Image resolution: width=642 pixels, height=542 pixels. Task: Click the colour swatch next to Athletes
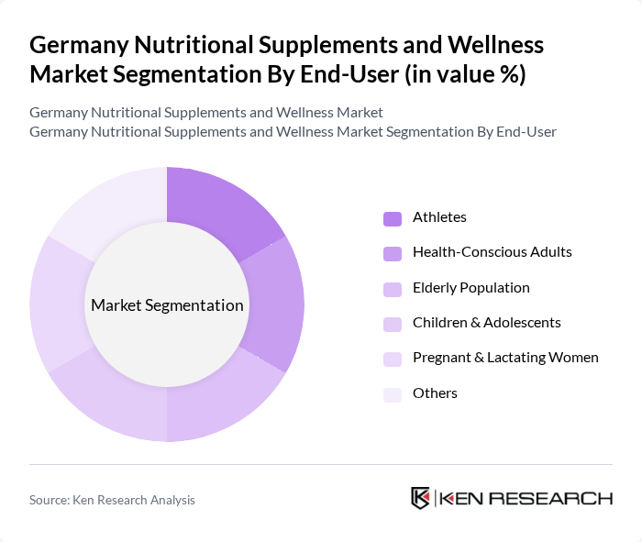393,218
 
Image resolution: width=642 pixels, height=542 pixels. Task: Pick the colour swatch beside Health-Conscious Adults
393,253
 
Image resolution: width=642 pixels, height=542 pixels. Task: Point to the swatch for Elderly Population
393,288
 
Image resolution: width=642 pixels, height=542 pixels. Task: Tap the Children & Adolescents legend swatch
393,323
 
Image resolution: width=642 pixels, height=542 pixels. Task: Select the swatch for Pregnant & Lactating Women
393,359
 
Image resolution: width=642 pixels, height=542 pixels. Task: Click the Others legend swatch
393,393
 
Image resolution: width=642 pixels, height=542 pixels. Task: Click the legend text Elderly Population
470,288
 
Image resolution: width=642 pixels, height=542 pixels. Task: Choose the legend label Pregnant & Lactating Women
505,358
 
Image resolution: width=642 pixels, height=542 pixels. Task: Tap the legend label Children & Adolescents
486,323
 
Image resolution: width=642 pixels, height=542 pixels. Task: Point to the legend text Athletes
439,217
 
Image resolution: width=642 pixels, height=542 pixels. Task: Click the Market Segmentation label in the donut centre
167,305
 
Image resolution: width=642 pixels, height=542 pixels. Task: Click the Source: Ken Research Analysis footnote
112,500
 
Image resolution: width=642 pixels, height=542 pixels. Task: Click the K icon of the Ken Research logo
421,498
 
